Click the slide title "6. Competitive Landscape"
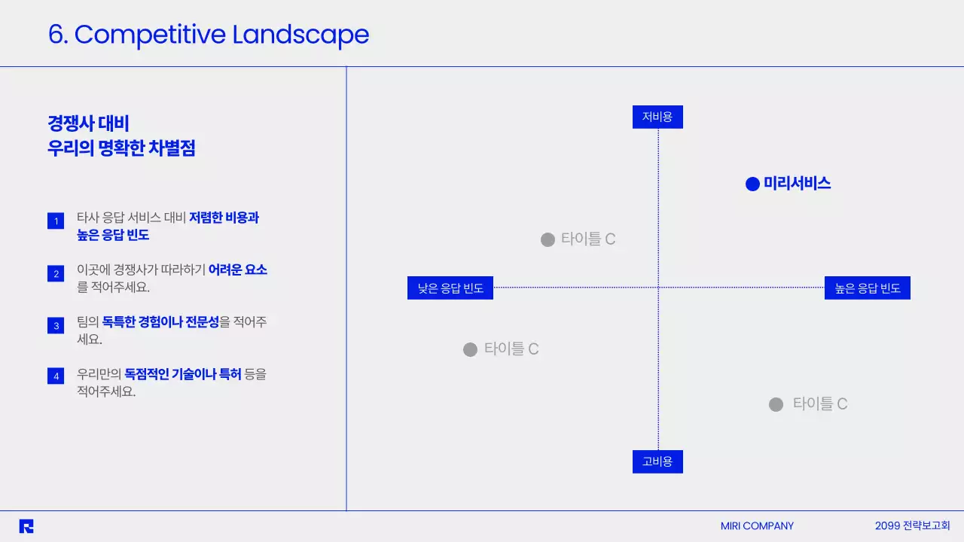209,35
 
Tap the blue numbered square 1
55,221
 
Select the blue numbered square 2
55,274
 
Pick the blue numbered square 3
55,326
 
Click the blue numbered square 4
55,376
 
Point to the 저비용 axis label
657,117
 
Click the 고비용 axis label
657,461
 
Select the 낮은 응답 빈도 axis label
450,288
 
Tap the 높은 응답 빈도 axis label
868,288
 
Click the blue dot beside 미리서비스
752,184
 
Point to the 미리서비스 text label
797,183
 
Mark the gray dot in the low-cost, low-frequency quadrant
548,239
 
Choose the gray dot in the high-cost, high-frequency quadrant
776,404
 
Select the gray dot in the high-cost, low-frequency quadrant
470,349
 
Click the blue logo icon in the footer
26,526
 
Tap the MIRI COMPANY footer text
757,526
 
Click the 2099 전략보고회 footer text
913,526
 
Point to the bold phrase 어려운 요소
238,269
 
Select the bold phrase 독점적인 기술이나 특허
183,374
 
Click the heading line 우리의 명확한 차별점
121,148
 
